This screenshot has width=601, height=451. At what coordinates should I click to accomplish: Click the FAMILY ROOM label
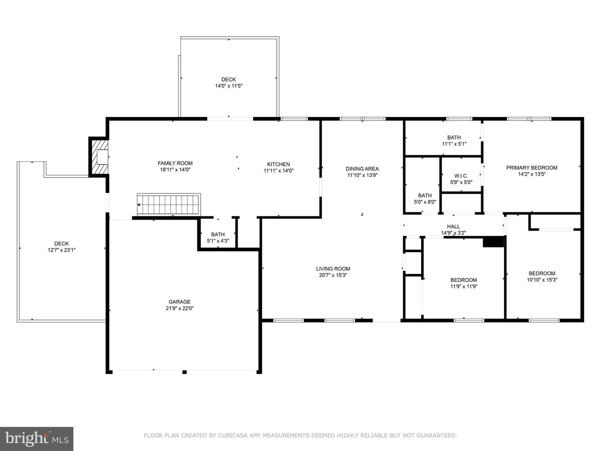pos(175,163)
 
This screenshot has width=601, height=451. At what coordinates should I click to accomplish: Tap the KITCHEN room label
pos(278,164)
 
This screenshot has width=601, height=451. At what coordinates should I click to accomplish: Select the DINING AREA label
pos(362,169)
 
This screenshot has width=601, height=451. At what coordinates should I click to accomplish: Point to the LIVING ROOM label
pos(333,269)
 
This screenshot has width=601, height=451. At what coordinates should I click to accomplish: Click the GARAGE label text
pos(179,302)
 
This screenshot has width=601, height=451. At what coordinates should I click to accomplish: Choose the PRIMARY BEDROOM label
pos(532,168)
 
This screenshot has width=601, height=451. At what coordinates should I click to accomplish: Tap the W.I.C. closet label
pos(461,176)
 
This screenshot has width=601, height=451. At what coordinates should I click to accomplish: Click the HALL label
pos(453,227)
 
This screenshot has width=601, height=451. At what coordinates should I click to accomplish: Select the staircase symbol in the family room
pos(169,204)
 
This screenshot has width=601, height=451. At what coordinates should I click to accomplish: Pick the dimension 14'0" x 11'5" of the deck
pos(229,86)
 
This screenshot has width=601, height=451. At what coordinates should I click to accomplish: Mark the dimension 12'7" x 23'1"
pos(61,250)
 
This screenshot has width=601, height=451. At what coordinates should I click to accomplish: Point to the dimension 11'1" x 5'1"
pos(454,144)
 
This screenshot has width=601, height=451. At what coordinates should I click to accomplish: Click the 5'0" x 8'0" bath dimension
pos(425,202)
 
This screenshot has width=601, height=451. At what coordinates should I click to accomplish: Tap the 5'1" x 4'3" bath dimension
pos(218,241)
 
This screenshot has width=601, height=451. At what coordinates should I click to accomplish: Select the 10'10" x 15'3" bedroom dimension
pos(542,280)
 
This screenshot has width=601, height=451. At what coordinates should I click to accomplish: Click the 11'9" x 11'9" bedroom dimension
pos(464,286)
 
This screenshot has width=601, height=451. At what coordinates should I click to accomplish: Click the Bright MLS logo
pos(37,438)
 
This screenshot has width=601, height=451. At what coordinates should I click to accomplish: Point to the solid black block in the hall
pos(493,242)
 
